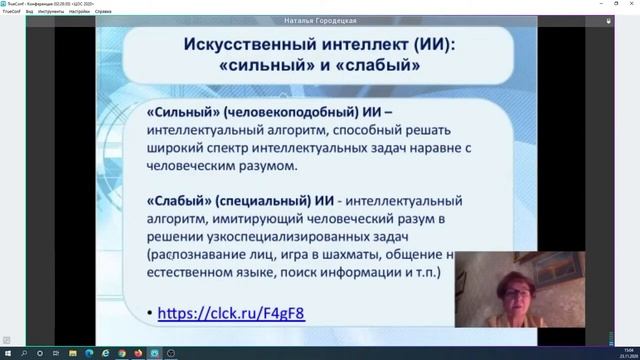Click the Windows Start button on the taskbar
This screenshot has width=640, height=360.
pyautogui.click(x=7, y=353)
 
